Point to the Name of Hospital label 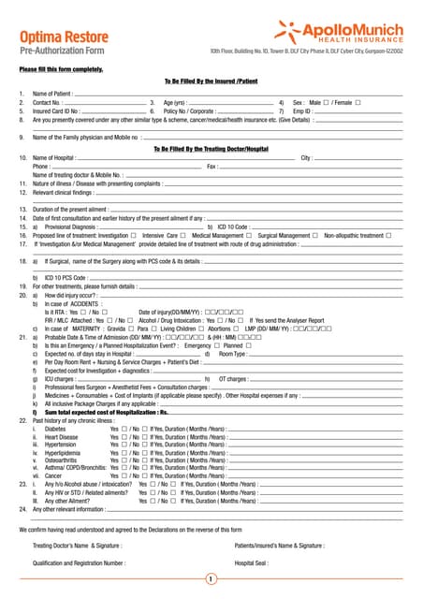55,158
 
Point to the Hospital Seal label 253,563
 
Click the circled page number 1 211,579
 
